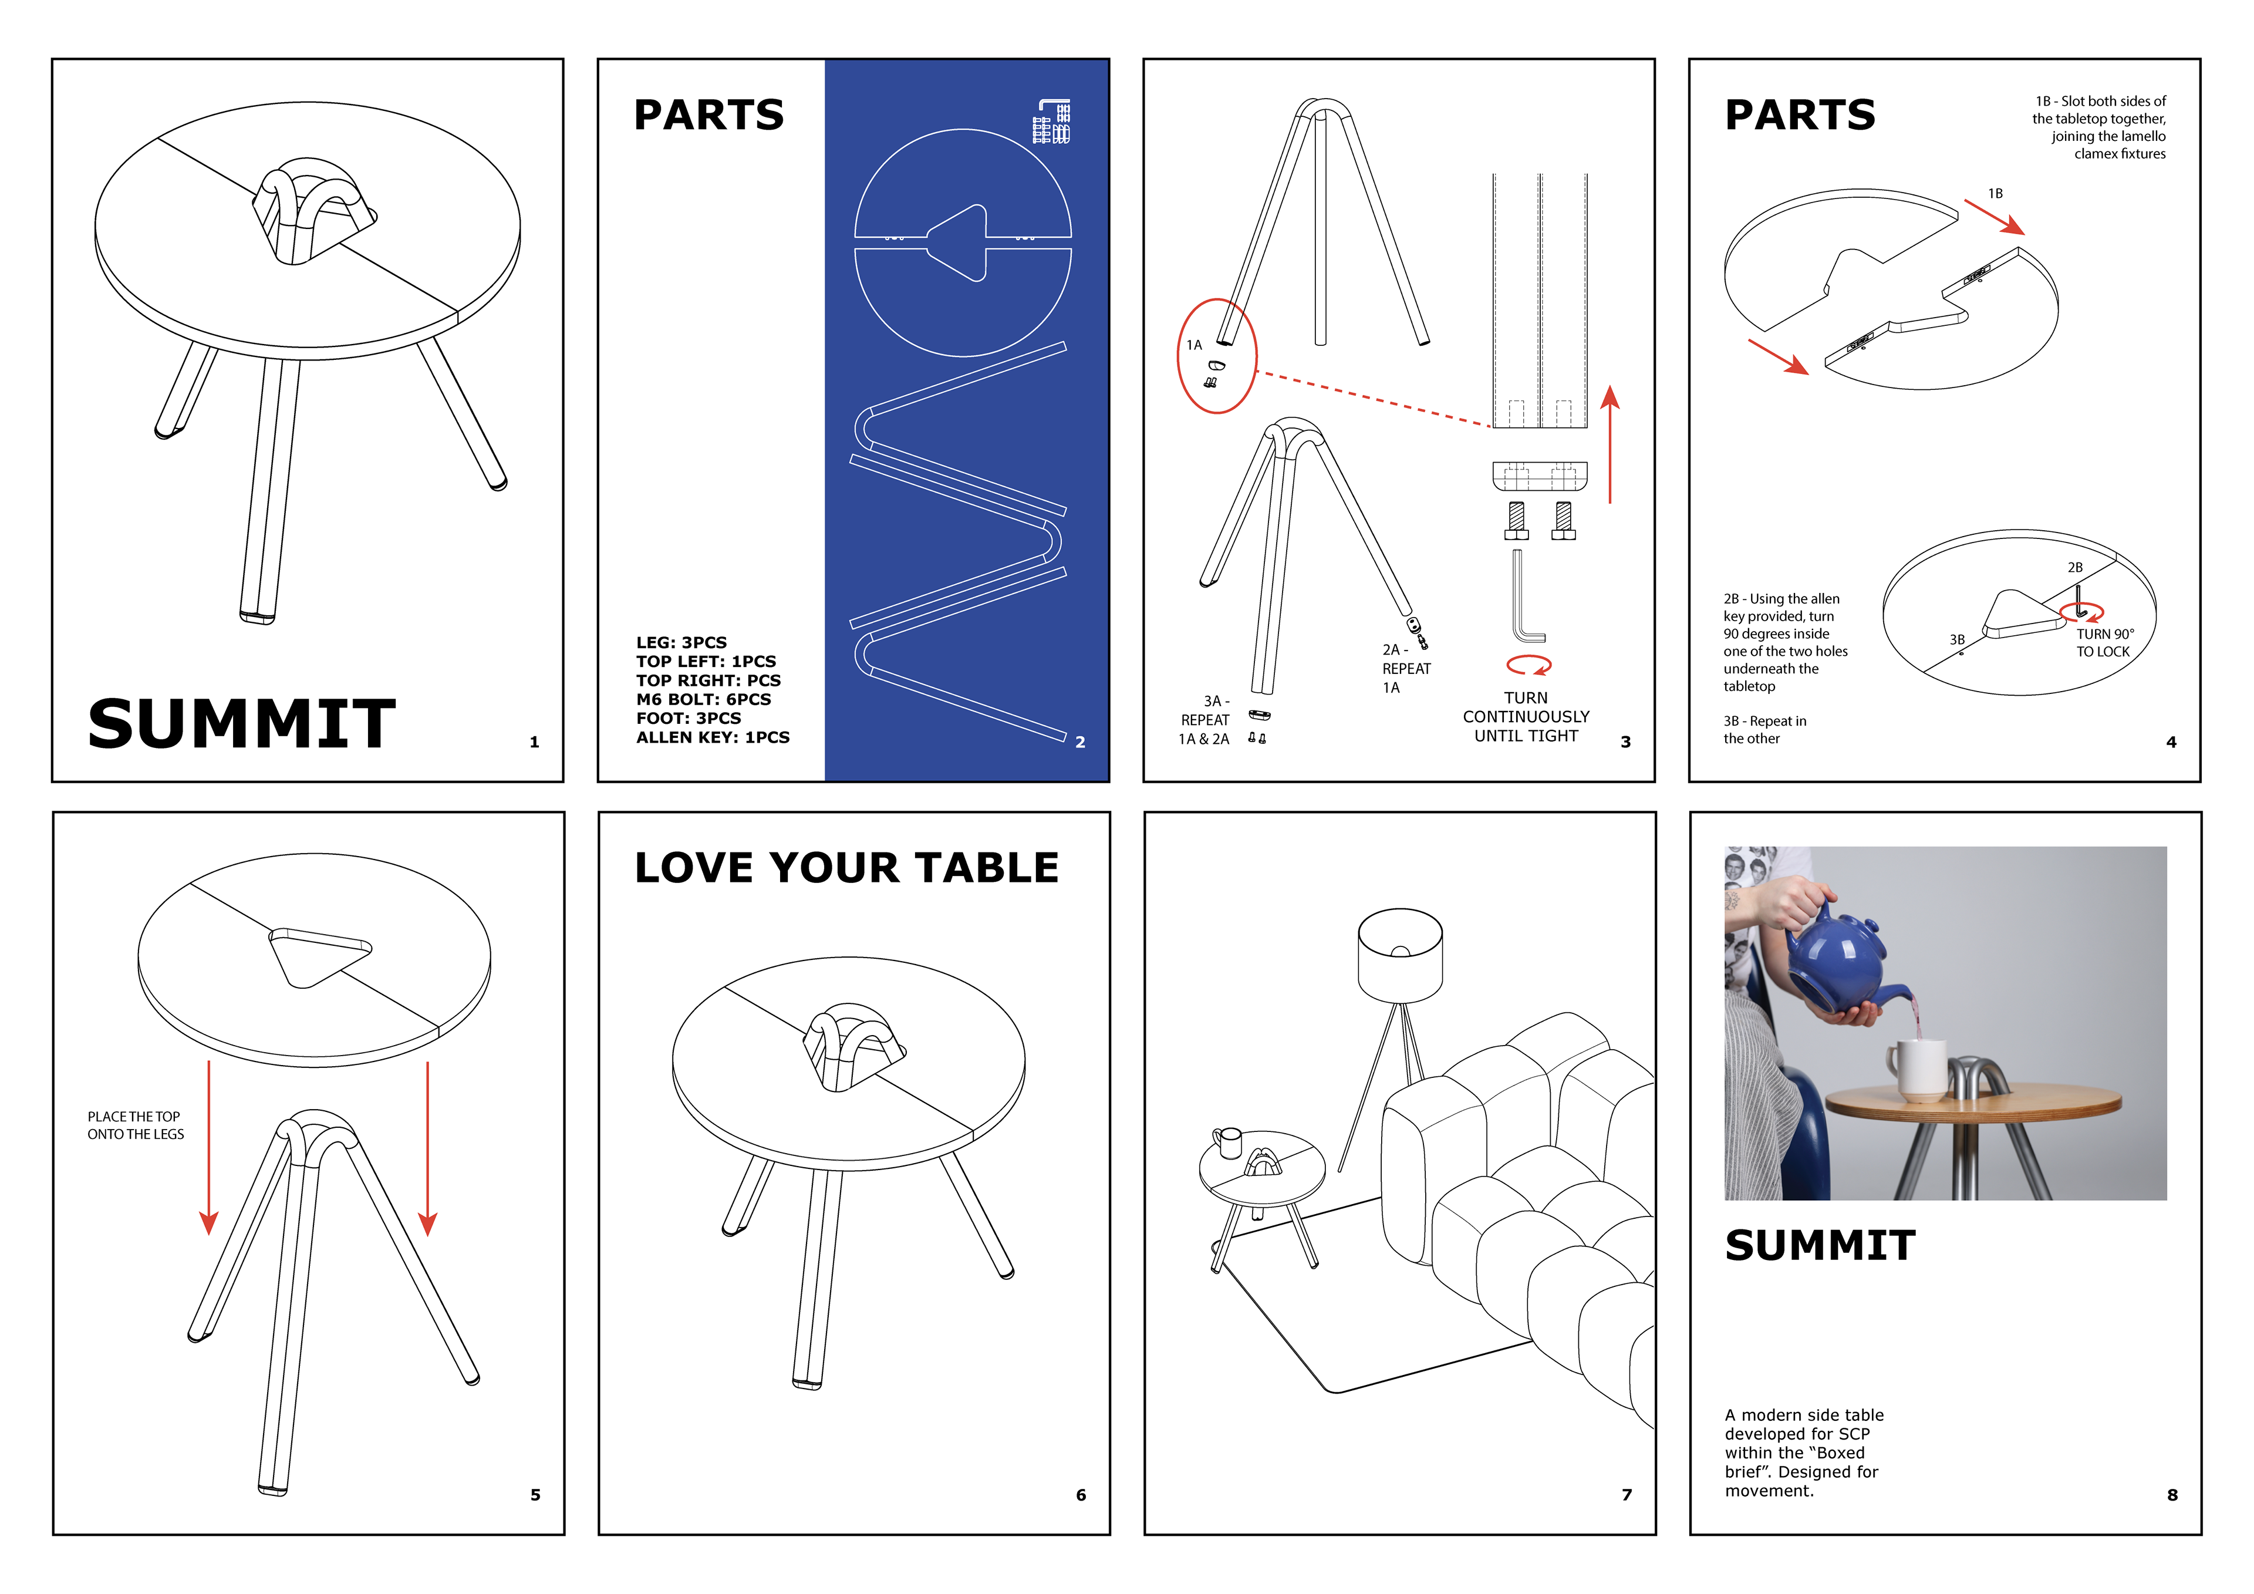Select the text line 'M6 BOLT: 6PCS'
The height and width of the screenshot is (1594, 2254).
(x=703, y=699)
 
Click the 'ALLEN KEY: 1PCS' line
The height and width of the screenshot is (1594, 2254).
(x=712, y=737)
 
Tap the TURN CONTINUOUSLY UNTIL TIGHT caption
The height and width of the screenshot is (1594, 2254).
(x=1526, y=717)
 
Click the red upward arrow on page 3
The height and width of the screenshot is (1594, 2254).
(x=1610, y=442)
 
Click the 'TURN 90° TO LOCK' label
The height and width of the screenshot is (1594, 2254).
(x=2104, y=643)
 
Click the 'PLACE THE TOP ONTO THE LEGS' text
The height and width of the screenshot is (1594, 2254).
(x=136, y=1125)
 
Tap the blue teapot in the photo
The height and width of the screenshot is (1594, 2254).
(x=1834, y=962)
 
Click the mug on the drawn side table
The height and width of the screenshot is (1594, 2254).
(x=1228, y=1142)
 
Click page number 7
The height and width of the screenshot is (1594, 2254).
(x=1627, y=1495)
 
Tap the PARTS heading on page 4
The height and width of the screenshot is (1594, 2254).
(x=1800, y=115)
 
